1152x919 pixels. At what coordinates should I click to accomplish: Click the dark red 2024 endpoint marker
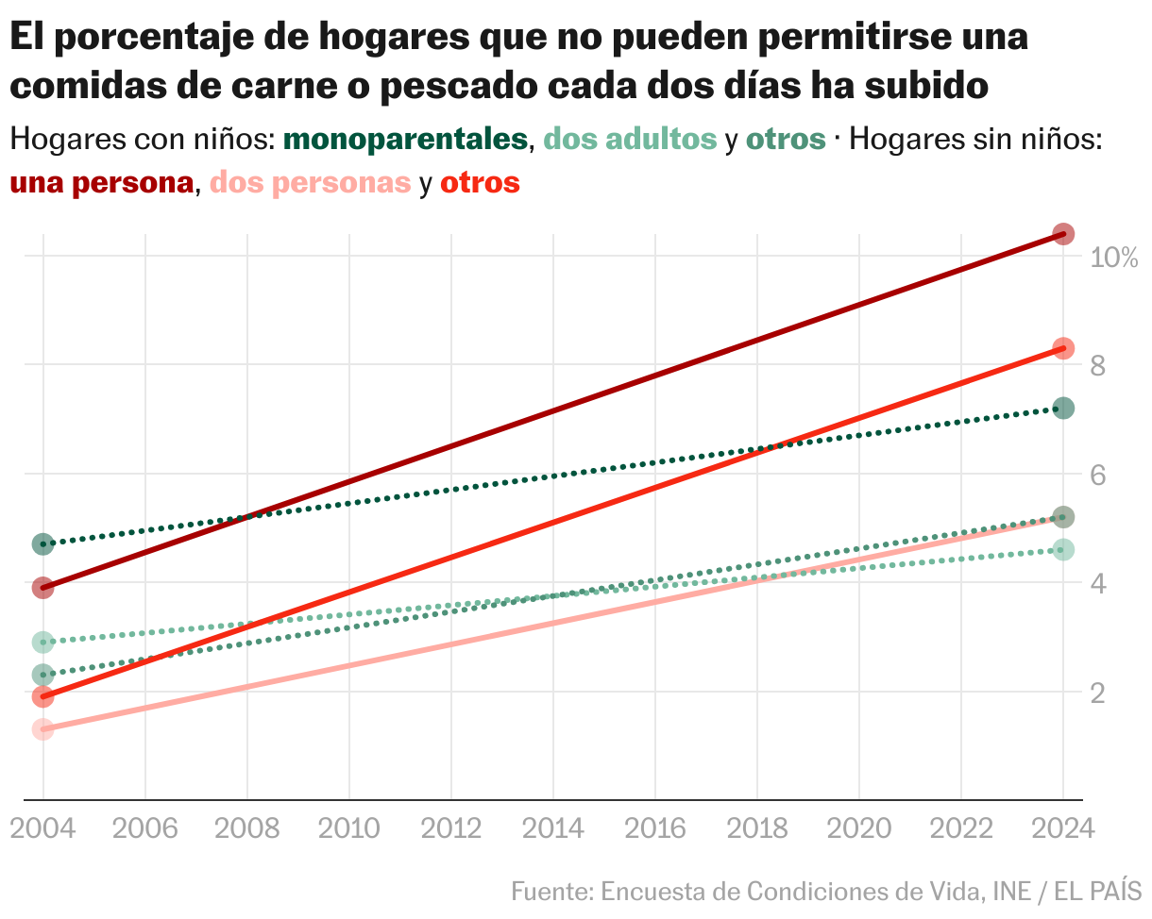point(1063,234)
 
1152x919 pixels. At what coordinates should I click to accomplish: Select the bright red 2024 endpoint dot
point(1063,348)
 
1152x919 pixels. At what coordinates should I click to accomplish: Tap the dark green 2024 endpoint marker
point(1063,409)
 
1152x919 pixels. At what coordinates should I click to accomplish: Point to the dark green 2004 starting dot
point(42,544)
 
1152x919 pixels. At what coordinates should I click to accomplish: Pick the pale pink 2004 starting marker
point(42,729)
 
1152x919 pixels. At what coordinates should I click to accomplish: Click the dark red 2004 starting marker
point(42,588)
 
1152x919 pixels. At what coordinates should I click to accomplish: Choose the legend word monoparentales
point(405,140)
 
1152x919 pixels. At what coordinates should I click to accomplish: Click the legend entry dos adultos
point(630,140)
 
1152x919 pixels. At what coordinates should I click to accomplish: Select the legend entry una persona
point(101,183)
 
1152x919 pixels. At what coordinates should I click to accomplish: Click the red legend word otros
point(480,183)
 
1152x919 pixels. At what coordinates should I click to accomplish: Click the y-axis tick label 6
point(1098,475)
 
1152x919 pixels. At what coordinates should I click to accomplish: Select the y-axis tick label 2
point(1098,693)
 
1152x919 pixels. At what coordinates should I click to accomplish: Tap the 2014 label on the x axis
point(553,828)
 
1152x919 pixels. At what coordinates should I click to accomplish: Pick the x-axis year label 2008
point(246,828)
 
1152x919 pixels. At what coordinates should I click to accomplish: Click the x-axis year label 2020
point(859,828)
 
